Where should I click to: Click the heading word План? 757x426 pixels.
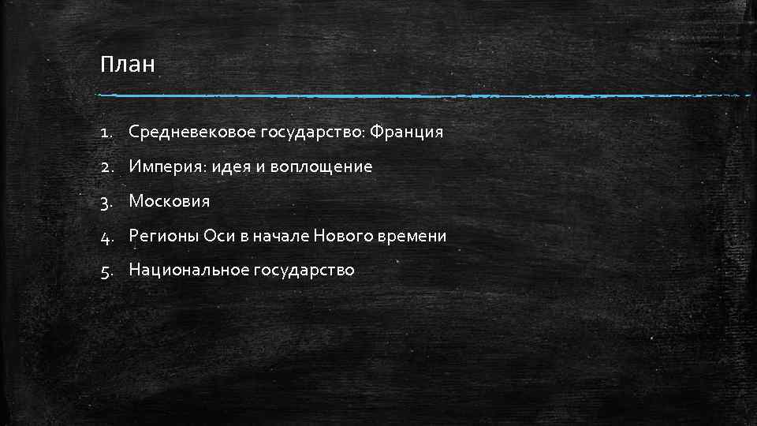(128, 64)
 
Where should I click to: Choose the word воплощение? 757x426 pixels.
(323, 167)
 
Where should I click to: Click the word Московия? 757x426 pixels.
(170, 201)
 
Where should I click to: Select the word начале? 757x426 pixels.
(281, 236)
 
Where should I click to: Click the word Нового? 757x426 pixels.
(344, 236)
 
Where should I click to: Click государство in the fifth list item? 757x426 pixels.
(304, 271)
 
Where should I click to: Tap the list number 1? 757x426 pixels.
(106, 133)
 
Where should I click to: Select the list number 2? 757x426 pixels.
(106, 167)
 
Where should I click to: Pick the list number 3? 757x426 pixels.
(106, 202)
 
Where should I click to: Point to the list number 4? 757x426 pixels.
(106, 237)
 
